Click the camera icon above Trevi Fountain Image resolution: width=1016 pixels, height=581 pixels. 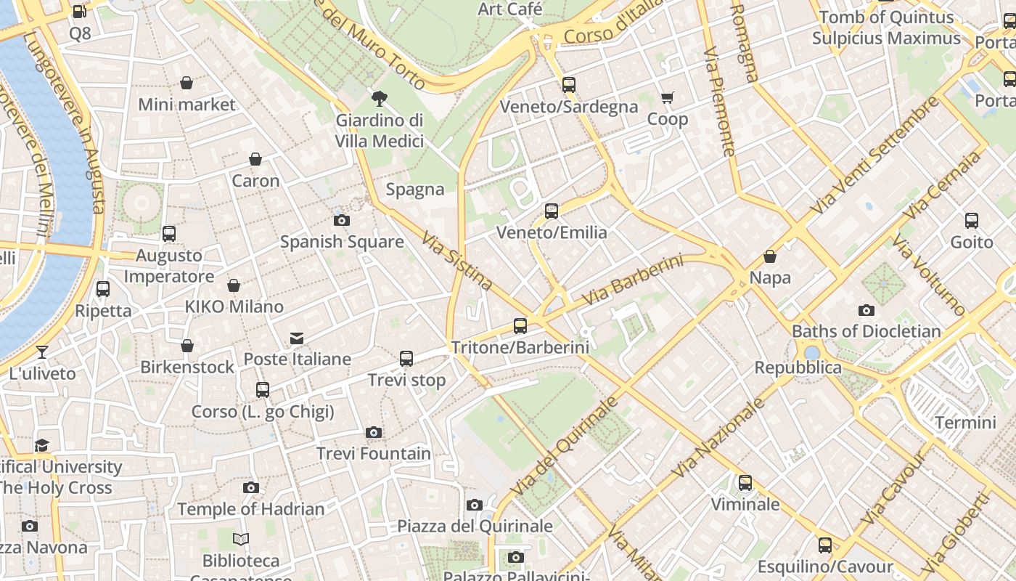[x=374, y=433]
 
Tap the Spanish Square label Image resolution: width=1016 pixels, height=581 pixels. [x=342, y=242]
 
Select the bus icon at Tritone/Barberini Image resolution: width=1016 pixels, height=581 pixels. [x=520, y=326]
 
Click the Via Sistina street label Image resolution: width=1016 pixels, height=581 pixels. [x=457, y=261]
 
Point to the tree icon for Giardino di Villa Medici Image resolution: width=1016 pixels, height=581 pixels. [x=379, y=99]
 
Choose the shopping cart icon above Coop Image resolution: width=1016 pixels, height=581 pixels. [x=668, y=97]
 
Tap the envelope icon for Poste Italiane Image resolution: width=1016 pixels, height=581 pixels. [x=297, y=338]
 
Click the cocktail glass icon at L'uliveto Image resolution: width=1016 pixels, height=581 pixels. [x=42, y=352]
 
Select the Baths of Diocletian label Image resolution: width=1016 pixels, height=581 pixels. [x=866, y=331]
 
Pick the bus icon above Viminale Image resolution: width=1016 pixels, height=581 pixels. [x=745, y=483]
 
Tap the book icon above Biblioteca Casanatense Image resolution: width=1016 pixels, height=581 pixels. [x=241, y=539]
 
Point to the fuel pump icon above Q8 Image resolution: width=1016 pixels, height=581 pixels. [x=79, y=12]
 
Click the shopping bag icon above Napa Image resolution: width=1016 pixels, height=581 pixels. [x=770, y=256]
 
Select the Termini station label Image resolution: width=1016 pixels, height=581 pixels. [x=965, y=422]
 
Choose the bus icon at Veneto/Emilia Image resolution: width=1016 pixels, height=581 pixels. [x=552, y=211]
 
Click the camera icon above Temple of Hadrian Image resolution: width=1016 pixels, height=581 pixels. [x=251, y=487]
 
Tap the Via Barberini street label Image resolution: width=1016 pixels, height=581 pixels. [x=633, y=279]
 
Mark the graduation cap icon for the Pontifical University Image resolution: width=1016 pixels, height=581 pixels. [x=42, y=445]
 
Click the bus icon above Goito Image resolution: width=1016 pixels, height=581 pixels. [x=972, y=221]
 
